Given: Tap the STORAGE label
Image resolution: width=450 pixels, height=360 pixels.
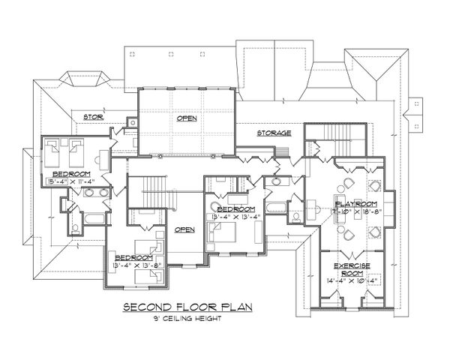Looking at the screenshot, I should (274, 132).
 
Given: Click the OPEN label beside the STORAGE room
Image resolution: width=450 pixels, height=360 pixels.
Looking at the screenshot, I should (187, 119).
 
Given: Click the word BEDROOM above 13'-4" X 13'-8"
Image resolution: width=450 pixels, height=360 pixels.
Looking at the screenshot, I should (135, 259).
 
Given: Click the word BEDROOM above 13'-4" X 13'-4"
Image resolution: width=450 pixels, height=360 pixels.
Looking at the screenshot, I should (233, 208).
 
